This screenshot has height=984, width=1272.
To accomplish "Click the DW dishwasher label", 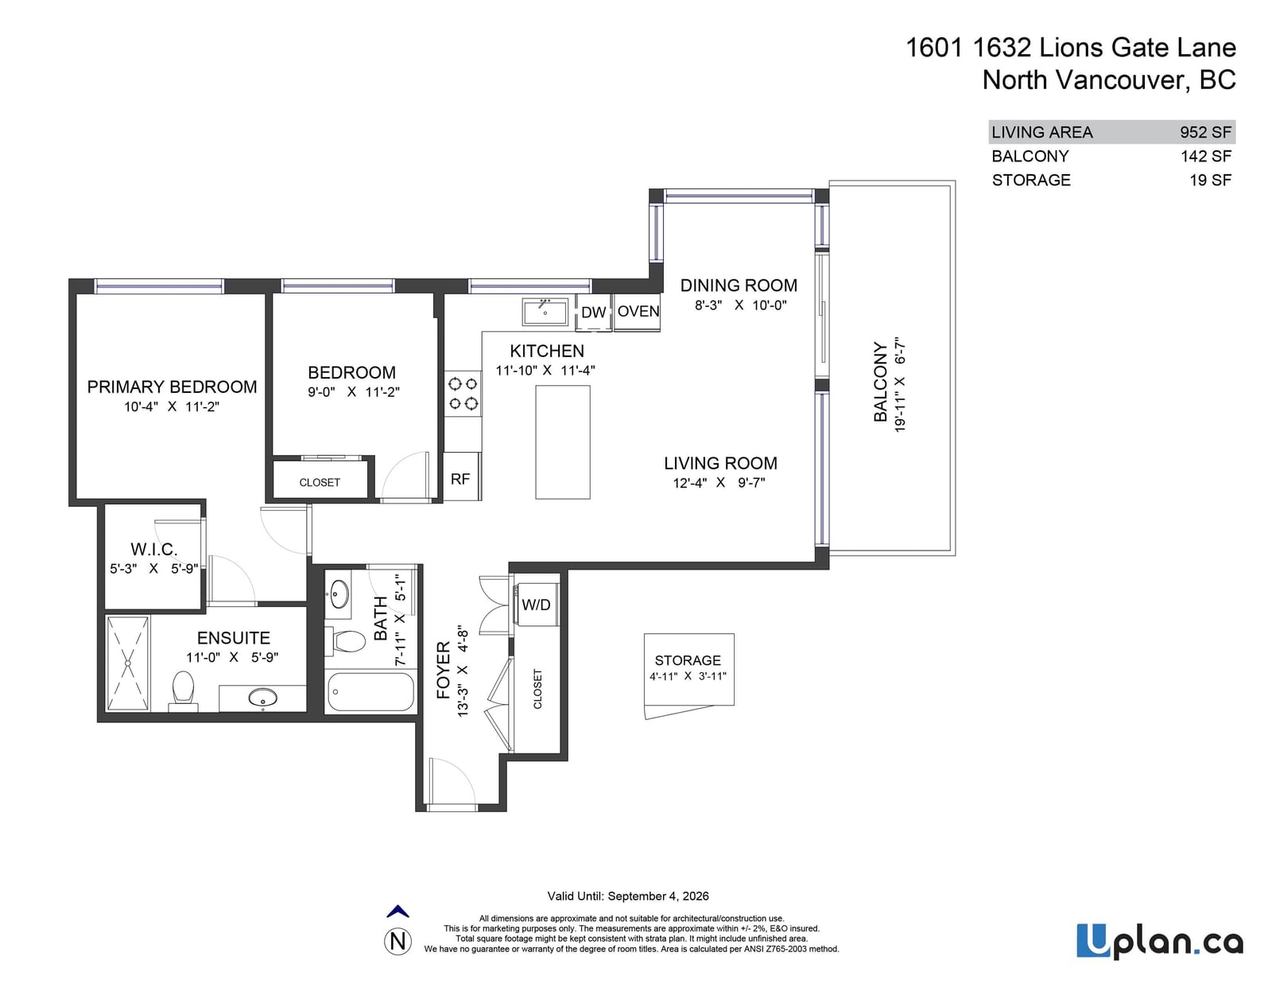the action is pos(593,312).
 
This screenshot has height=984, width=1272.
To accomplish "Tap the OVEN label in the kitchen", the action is pos(638,311).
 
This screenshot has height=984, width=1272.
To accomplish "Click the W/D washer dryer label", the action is pos(536,605).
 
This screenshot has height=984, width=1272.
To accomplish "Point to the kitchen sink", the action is pos(545,312).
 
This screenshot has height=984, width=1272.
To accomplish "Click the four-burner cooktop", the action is pos(463,394).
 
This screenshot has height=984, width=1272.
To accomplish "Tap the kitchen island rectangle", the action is pos(563,442).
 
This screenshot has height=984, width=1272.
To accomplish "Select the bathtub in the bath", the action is pos(370,692).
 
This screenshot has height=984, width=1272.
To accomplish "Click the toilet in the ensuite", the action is pos(183,690).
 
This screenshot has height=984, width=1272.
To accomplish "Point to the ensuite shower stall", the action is pos(128,663).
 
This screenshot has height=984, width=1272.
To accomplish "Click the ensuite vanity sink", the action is pos(263,698).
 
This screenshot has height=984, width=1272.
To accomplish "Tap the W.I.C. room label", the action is pos(154,550).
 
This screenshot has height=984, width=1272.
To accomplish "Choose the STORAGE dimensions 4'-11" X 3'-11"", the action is pos(688,676).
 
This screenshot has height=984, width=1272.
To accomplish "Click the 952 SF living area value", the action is pos(1205,132).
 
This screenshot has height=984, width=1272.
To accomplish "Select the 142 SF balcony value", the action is pos(1206,157).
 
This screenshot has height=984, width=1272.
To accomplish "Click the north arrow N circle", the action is pos(397,941).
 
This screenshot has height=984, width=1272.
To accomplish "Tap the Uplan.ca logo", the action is pos(1160,941).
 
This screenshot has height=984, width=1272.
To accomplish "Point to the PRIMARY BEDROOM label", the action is pos(172,387).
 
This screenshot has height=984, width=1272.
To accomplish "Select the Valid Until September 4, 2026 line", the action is pos(628,896).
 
